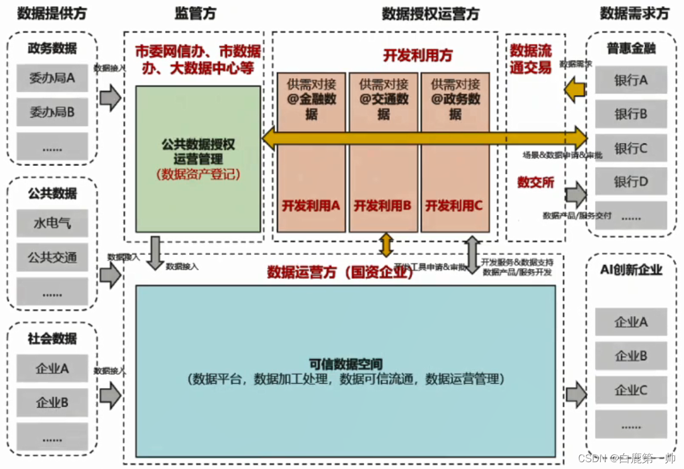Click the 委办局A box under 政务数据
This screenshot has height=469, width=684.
(x=52, y=79)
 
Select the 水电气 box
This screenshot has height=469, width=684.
(x=52, y=223)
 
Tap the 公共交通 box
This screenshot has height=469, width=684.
(x=52, y=258)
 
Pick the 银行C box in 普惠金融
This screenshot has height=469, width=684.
(x=630, y=149)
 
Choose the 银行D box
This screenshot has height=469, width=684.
(x=630, y=182)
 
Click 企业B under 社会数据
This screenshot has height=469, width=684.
(x=52, y=403)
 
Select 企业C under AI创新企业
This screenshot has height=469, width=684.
(x=630, y=390)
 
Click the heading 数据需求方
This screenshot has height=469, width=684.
(x=634, y=13)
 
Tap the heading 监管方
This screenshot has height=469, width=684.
(x=196, y=13)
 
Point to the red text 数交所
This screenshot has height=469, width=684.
(x=536, y=182)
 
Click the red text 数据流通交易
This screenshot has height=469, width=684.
(x=531, y=59)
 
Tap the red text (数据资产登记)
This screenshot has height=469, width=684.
(x=198, y=175)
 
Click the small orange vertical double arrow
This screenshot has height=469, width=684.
(x=386, y=244)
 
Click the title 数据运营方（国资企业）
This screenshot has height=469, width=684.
(x=340, y=272)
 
